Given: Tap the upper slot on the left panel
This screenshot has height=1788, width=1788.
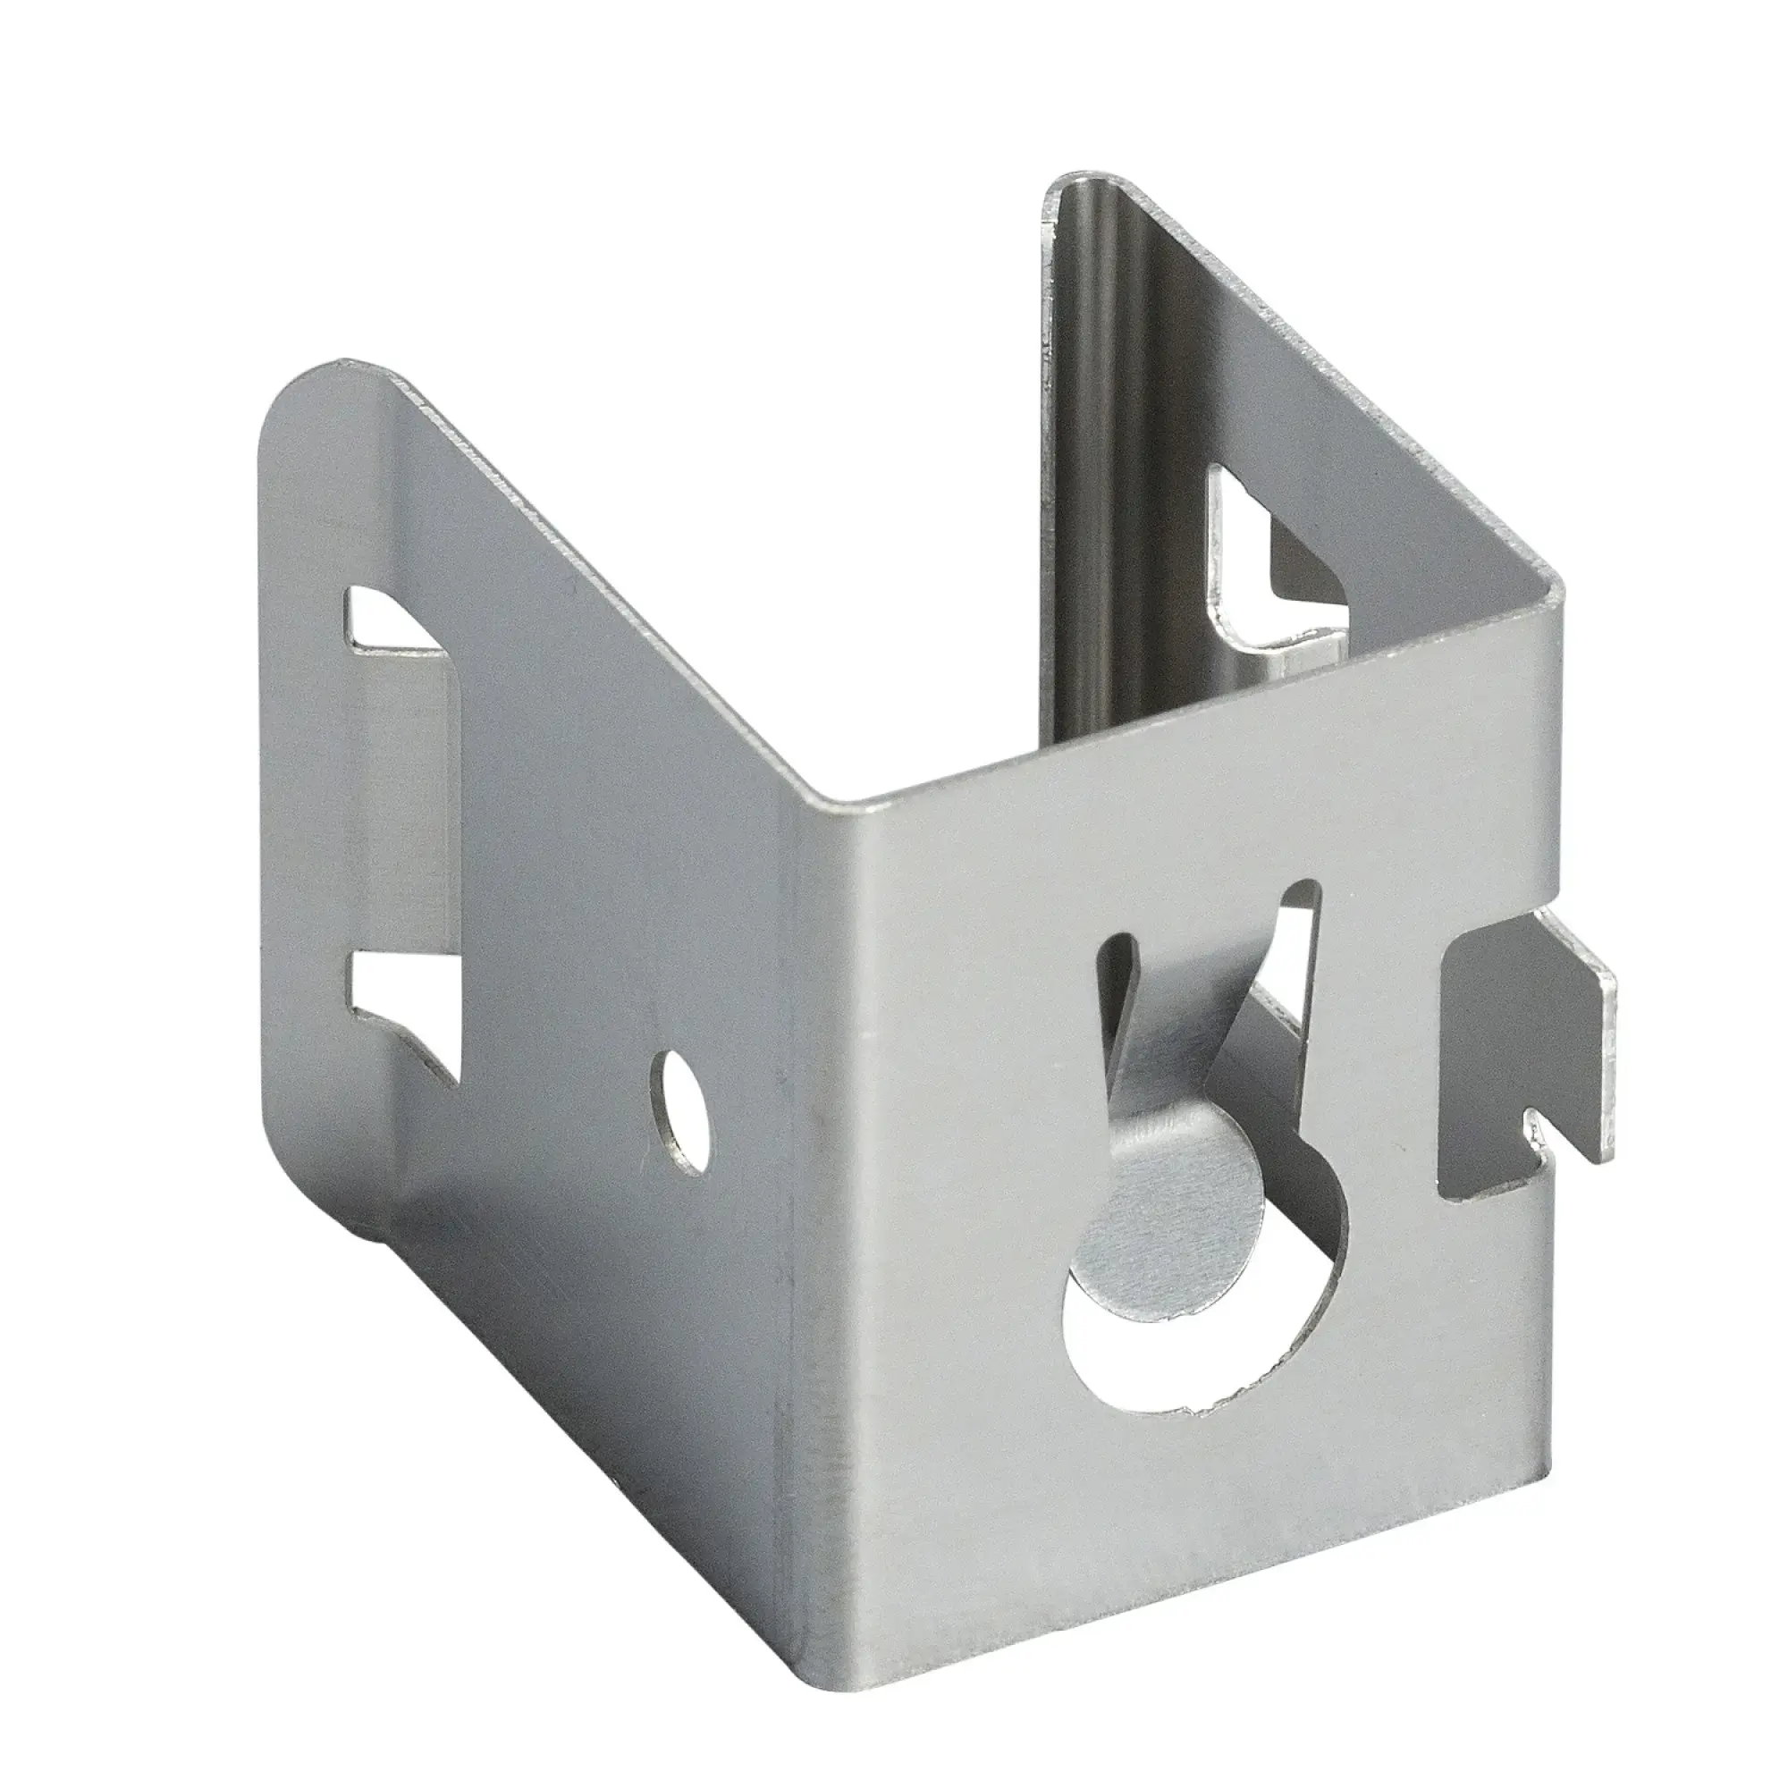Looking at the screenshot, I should click(x=393, y=619).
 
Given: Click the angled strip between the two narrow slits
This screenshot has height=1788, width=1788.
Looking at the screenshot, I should click(x=1193, y=1018).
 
